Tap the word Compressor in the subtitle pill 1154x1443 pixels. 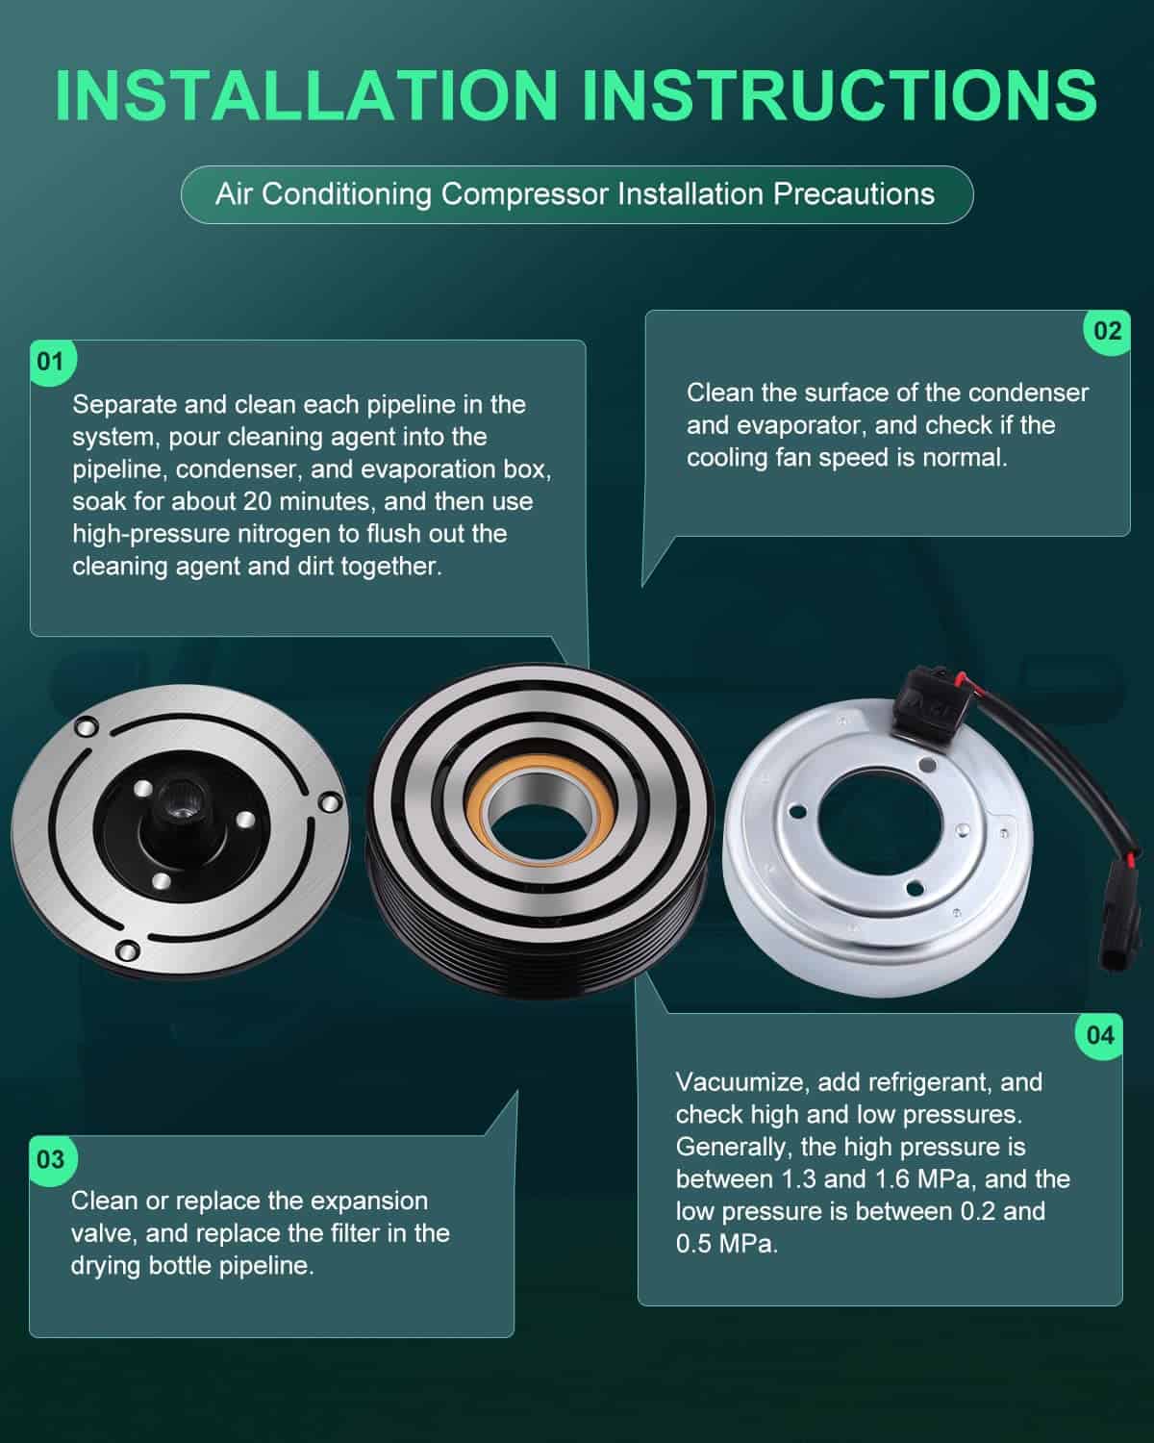click(525, 194)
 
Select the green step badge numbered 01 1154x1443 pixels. click(51, 362)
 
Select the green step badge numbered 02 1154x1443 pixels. click(1107, 332)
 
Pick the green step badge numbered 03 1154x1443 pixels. click(51, 1159)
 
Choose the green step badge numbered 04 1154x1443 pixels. click(1099, 1036)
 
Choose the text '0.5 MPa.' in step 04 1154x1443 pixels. click(727, 1244)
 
